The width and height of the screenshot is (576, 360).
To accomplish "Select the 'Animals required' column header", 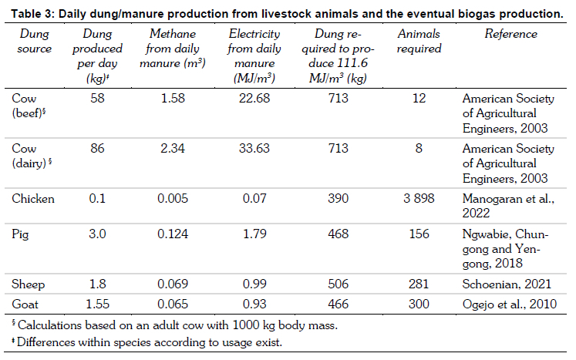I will [419, 42].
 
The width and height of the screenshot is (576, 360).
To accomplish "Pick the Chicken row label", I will [33, 199].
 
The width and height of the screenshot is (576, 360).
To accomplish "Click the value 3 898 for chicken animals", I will [419, 199].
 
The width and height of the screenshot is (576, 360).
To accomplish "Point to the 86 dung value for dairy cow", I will [102, 149].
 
